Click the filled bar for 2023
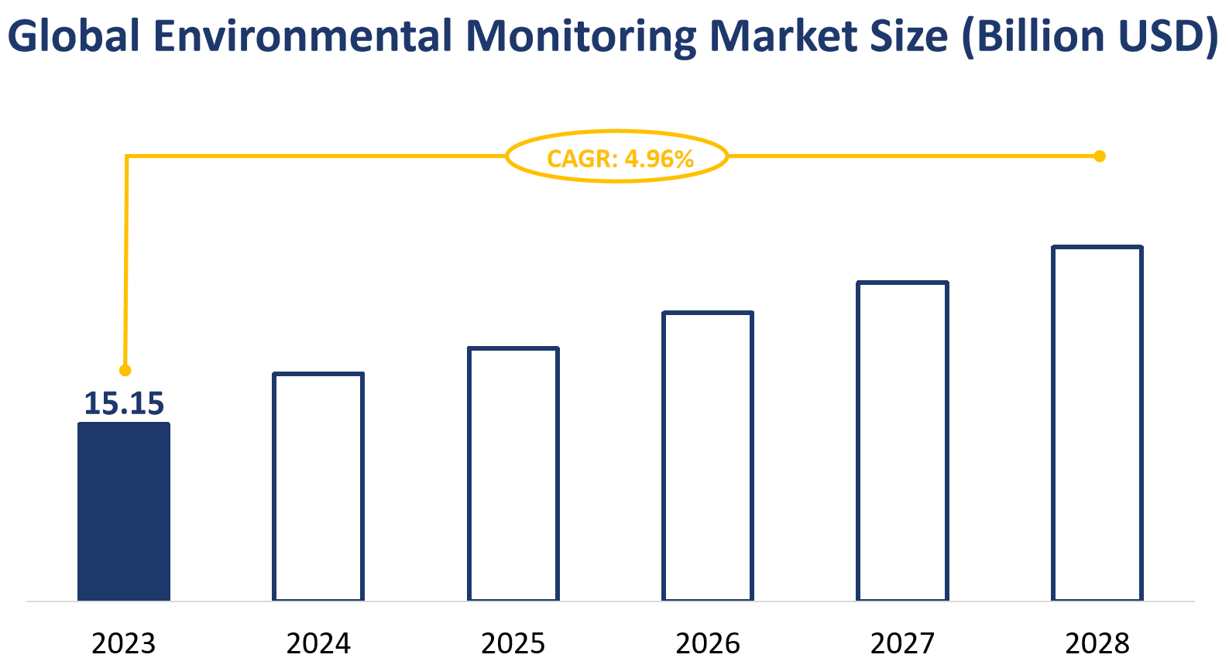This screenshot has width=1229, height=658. click(x=124, y=511)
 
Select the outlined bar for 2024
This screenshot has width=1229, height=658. click(x=318, y=486)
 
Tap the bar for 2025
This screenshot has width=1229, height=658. click(x=513, y=474)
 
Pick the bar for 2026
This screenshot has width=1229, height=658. click(x=708, y=456)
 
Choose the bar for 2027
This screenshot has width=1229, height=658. click(x=903, y=440)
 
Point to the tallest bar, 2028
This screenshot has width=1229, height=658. click(x=1097, y=423)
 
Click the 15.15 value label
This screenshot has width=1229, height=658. click(x=124, y=403)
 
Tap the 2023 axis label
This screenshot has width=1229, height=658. click(x=124, y=643)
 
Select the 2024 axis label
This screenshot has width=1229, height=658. click(x=318, y=643)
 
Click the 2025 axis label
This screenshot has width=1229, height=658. click(x=513, y=643)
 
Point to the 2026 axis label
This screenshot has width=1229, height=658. click(x=708, y=643)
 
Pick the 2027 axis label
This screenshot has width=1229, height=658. click(x=903, y=643)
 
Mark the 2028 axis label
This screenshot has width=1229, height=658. click(x=1097, y=643)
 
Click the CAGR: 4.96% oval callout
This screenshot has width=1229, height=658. click(x=617, y=157)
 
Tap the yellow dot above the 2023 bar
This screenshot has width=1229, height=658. click(x=125, y=370)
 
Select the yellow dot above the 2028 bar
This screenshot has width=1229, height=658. click(x=1099, y=156)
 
